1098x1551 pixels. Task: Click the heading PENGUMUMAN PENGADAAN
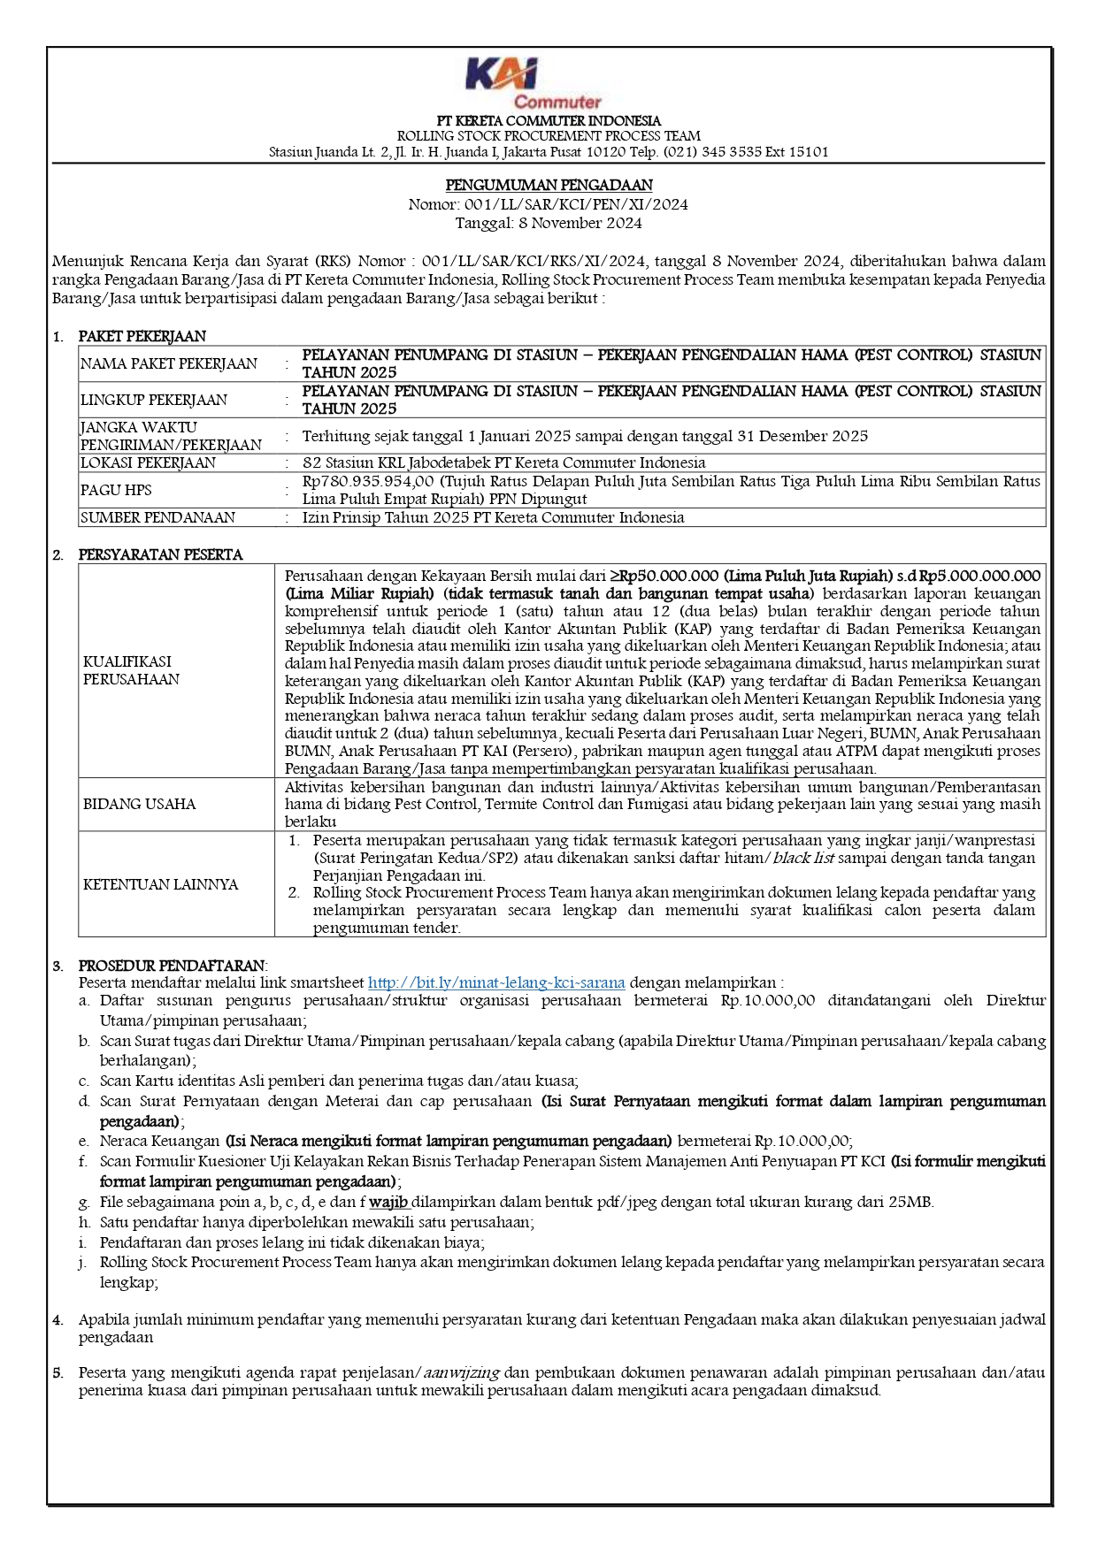(549, 185)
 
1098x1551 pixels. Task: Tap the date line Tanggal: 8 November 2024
(549, 223)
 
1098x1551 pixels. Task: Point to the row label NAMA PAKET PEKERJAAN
(169, 363)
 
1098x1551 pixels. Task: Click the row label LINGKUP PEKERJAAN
(154, 400)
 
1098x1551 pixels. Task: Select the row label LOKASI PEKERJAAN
(148, 462)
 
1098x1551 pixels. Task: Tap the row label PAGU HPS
(116, 490)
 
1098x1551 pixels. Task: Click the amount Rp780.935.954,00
(368, 481)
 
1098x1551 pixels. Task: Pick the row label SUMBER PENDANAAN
(157, 517)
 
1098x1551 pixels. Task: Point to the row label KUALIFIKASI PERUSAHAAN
(131, 670)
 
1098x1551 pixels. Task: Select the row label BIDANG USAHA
(139, 804)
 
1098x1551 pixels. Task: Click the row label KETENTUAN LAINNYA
(160, 884)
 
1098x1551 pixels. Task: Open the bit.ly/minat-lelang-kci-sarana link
(496, 982)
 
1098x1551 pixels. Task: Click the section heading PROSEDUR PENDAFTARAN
(172, 966)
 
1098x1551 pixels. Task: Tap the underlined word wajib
(388, 1202)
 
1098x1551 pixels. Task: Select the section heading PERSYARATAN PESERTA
(160, 554)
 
